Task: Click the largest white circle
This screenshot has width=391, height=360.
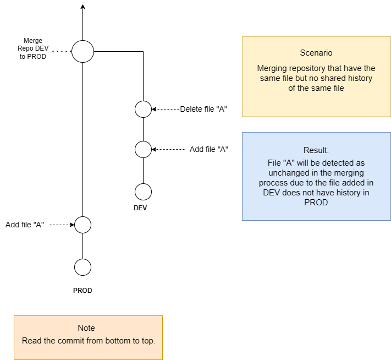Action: coord(82,51)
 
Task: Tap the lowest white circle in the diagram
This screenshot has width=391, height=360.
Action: coord(82,267)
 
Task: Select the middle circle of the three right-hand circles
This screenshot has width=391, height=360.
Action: coord(143,149)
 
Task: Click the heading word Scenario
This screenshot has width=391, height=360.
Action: coord(316,53)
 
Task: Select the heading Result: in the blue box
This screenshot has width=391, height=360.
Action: coord(316,150)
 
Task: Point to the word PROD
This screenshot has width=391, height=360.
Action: coord(316,203)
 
